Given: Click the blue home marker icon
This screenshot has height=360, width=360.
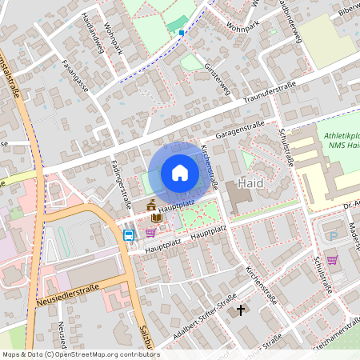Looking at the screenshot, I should click(x=180, y=173).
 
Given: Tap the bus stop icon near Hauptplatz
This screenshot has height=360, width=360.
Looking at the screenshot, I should click(x=129, y=235).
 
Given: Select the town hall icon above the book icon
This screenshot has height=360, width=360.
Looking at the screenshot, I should click(x=152, y=206).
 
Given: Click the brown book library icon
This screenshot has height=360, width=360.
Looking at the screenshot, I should click(x=157, y=218).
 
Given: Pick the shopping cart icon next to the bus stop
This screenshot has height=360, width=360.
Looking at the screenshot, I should click(x=150, y=233).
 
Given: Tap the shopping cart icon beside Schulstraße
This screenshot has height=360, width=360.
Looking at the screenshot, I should click(x=332, y=260).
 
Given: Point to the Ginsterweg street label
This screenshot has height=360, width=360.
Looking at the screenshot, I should click(x=218, y=79).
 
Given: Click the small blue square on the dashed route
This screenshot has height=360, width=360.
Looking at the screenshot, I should click(x=182, y=33).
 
